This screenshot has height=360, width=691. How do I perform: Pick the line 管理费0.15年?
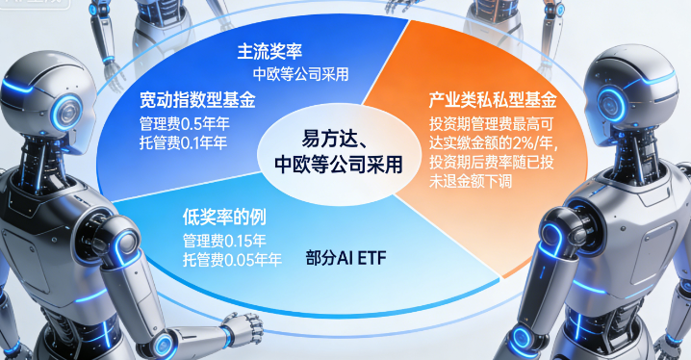pos(224,240)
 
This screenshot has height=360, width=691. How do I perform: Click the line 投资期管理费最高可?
pos(491,124)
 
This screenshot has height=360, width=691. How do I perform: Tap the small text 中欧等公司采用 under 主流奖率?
pos(300,73)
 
